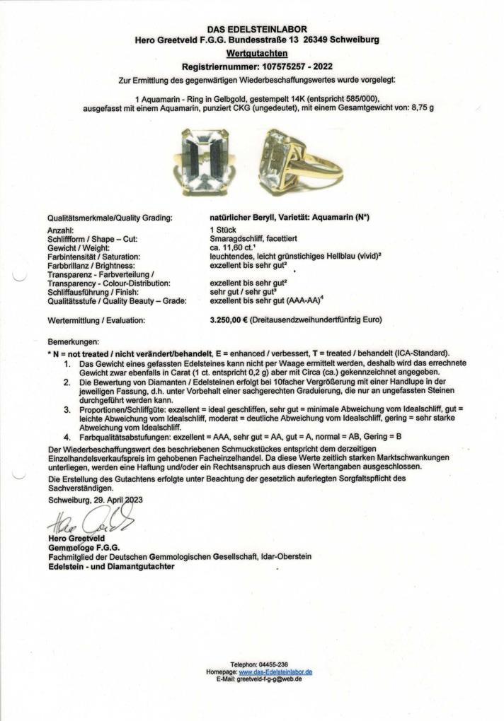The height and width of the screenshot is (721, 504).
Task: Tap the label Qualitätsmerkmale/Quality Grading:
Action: click(109, 219)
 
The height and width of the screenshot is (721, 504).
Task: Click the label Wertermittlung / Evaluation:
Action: click(96, 320)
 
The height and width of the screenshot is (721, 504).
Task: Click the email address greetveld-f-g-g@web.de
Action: click(270, 679)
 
